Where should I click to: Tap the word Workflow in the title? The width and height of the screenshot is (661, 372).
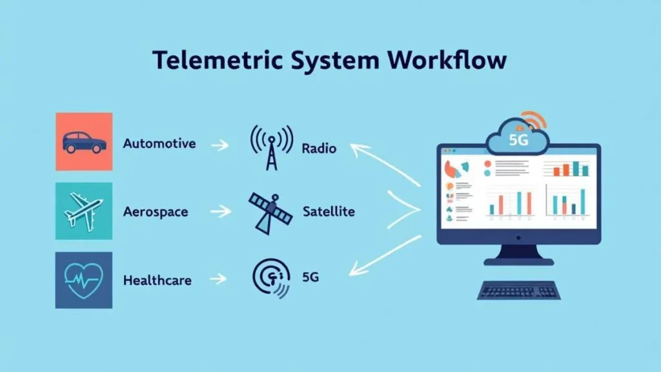coord(447,60)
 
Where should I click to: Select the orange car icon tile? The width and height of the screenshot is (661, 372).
coord(84,141)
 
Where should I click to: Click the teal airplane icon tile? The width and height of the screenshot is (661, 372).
coord(84,211)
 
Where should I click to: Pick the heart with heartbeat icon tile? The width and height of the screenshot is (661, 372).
coord(84,280)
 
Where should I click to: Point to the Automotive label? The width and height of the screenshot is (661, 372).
coord(159,143)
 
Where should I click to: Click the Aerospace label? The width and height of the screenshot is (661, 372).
coord(156,211)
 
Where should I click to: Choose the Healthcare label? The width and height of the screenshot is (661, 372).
coord(158,281)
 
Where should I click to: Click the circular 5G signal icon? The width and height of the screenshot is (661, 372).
coord(270,278)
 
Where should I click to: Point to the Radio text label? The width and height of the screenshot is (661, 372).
coord(319,149)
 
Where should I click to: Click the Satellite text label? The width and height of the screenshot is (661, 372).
coord(328,212)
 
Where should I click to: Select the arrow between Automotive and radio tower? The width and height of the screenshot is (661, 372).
coord(220,145)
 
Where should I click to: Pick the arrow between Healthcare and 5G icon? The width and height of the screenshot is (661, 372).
coord(219,279)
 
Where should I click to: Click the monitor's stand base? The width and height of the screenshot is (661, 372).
coord(518,262)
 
